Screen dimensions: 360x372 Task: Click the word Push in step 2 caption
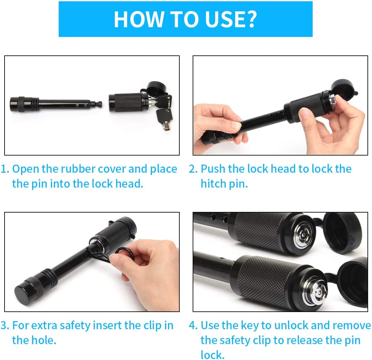pyautogui.click(x=213, y=169)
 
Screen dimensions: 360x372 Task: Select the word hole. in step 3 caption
pyautogui.click(x=34, y=340)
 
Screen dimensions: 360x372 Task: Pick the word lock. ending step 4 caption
pyautogui.click(x=212, y=355)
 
